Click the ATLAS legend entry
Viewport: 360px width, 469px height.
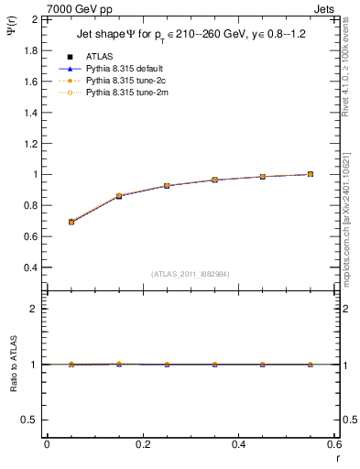click(99, 56)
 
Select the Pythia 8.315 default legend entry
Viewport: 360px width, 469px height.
click(124, 69)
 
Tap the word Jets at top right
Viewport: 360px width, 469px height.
click(325, 8)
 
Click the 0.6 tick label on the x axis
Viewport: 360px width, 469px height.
click(333, 443)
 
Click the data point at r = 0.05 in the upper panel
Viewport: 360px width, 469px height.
click(71, 222)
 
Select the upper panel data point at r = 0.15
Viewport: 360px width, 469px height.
click(119, 196)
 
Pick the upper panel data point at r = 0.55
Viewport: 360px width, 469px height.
click(310, 174)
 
